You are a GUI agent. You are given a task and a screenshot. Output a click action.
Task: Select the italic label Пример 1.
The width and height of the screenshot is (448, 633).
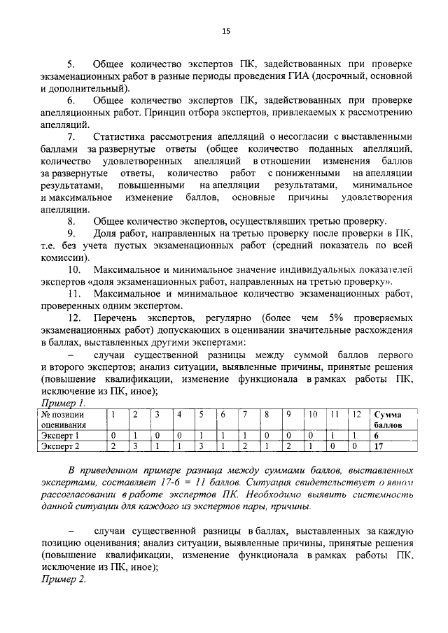point(63,404)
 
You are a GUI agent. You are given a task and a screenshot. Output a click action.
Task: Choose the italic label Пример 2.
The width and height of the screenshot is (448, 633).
point(63,580)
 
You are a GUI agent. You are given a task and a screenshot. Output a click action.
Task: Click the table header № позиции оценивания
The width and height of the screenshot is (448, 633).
point(67,419)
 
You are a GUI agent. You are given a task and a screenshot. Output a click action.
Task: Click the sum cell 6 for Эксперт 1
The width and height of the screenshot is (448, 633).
point(377,434)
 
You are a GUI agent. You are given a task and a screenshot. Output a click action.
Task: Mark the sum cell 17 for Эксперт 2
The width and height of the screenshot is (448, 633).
point(379,445)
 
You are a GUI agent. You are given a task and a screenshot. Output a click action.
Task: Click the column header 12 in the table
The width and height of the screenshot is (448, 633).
point(357,414)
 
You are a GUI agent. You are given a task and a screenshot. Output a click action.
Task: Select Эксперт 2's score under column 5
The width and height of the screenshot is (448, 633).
point(200,445)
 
